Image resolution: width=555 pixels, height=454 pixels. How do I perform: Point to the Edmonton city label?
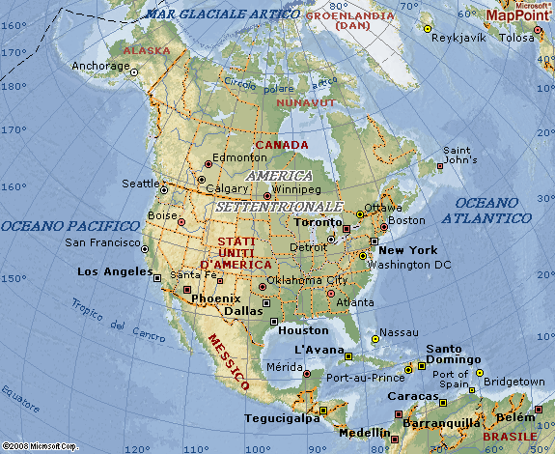coord(239,157)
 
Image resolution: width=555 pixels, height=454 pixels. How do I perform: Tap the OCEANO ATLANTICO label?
coord(492,212)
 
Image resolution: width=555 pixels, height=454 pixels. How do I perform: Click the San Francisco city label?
coord(102,241)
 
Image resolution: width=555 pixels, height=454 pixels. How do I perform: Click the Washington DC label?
coord(415,265)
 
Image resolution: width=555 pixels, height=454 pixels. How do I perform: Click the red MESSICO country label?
coord(228,362)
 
